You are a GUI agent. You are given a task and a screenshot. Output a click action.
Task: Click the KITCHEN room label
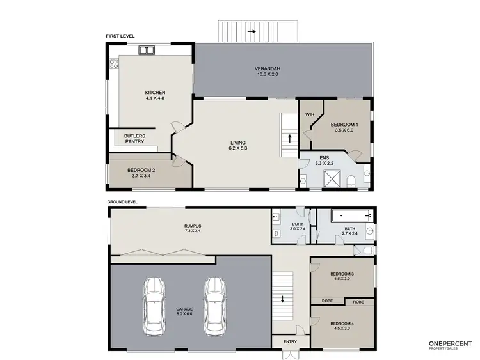155,92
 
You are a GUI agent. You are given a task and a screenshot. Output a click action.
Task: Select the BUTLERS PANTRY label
134,139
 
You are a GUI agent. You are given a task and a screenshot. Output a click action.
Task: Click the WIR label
309,114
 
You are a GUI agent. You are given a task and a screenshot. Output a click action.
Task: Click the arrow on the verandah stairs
253,30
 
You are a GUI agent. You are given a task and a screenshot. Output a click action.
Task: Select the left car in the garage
154,306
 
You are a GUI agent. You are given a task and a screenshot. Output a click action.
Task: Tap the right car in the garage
214,306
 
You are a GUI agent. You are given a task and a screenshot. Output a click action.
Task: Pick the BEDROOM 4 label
342,325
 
